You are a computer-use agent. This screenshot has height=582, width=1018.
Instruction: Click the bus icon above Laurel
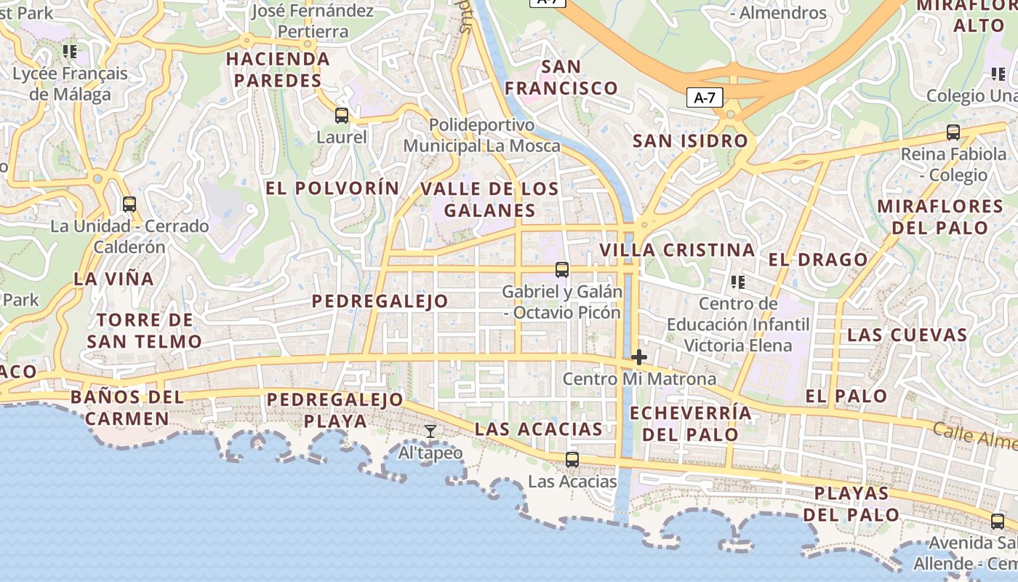coord(341,116)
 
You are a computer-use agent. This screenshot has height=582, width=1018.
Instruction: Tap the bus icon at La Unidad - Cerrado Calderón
coord(129,204)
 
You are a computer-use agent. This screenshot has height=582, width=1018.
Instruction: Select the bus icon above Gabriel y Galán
coord(562,270)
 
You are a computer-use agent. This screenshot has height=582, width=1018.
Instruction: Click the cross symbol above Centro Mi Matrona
coord(639,357)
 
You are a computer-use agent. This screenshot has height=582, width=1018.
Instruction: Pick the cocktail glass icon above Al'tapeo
coord(430,431)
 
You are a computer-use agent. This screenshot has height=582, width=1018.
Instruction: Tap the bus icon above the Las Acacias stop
coord(572,460)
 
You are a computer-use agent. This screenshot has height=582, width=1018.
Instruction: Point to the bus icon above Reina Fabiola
coord(953,132)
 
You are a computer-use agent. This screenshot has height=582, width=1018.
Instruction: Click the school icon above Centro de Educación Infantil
coord(738,282)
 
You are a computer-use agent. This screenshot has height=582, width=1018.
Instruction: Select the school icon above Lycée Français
coord(70,52)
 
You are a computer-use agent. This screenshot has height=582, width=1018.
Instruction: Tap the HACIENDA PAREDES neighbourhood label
coord(278,70)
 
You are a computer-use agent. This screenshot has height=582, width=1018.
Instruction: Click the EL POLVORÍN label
coord(332,188)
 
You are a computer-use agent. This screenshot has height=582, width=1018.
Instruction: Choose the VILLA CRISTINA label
coord(677,250)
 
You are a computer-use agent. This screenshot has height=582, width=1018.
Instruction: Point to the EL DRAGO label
coord(818,260)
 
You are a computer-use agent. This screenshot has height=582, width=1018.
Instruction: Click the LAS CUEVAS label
coord(907,335)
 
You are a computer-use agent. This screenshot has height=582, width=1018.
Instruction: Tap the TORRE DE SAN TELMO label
coord(144,330)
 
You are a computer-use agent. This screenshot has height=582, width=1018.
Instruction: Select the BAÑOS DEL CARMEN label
coord(127,408)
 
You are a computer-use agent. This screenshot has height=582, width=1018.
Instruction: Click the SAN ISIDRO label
coord(690,141)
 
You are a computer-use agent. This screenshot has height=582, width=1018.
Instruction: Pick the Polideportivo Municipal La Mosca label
coord(481,135)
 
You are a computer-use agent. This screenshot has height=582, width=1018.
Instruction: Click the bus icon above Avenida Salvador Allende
coord(998,522)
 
